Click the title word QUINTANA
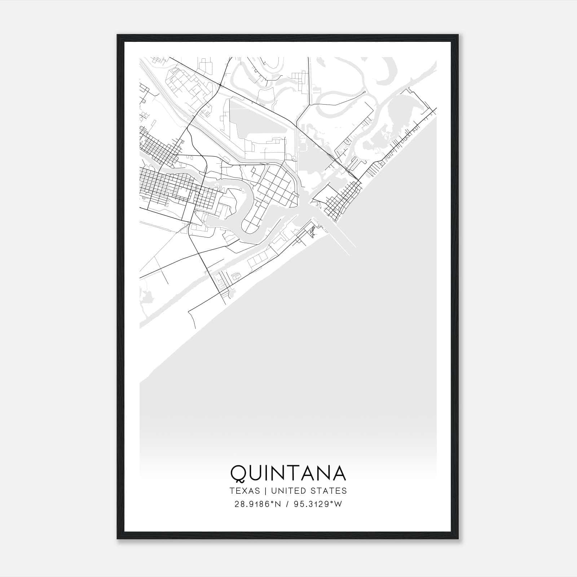[x=288, y=473]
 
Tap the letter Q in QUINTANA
[x=238, y=473]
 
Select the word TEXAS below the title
[x=245, y=491]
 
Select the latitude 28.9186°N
[x=257, y=504]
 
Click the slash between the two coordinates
[x=287, y=504]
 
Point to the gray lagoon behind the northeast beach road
[x=400, y=115]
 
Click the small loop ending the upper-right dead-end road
[x=365, y=92]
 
